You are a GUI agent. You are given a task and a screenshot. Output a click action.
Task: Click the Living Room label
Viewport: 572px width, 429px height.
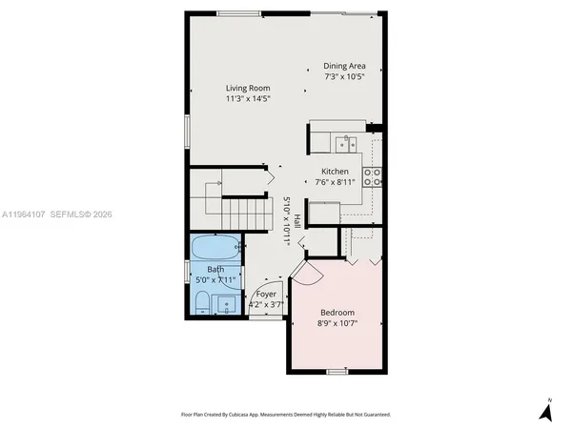click(247, 88)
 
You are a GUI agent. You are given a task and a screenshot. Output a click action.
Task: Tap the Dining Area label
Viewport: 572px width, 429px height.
click(344, 66)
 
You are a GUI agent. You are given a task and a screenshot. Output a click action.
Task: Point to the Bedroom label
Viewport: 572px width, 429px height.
click(337, 313)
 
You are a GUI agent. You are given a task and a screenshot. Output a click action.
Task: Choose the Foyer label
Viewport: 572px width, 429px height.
click(266, 295)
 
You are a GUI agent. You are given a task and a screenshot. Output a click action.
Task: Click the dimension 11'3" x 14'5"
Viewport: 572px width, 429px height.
click(247, 98)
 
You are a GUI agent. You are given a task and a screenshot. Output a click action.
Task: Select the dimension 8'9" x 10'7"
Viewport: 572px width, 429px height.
click(337, 323)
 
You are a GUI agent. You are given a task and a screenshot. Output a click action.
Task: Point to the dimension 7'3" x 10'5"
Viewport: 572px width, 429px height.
click(344, 76)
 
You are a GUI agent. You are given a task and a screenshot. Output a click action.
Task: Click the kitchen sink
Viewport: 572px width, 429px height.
click(344, 144)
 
